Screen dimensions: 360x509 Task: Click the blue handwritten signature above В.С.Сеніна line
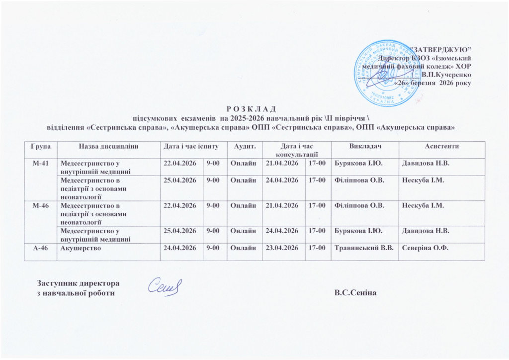click(166, 286)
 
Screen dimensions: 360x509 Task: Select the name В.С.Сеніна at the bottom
click(356, 293)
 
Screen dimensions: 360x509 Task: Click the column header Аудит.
click(244, 146)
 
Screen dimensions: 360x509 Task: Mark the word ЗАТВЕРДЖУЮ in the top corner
click(443, 49)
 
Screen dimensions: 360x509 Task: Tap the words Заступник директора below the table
click(79, 283)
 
